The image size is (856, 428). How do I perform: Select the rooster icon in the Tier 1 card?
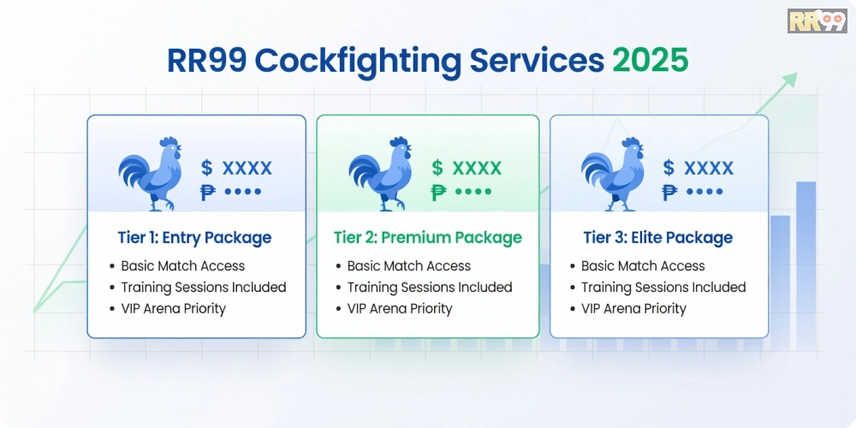(x=151, y=174)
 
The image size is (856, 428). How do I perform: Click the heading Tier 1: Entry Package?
(x=194, y=238)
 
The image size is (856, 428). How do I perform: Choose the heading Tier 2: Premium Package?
(x=427, y=238)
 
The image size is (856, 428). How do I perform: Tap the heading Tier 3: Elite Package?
(x=658, y=238)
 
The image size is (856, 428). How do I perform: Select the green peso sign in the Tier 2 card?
(x=439, y=192)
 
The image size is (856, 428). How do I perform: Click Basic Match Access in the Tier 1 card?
(x=182, y=266)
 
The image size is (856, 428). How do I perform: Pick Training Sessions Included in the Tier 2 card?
(x=429, y=288)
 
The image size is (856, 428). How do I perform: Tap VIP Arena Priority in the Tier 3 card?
(x=633, y=309)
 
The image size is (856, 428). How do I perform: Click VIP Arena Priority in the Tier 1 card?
(x=173, y=309)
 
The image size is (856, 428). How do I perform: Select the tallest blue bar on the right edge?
(x=805, y=257)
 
